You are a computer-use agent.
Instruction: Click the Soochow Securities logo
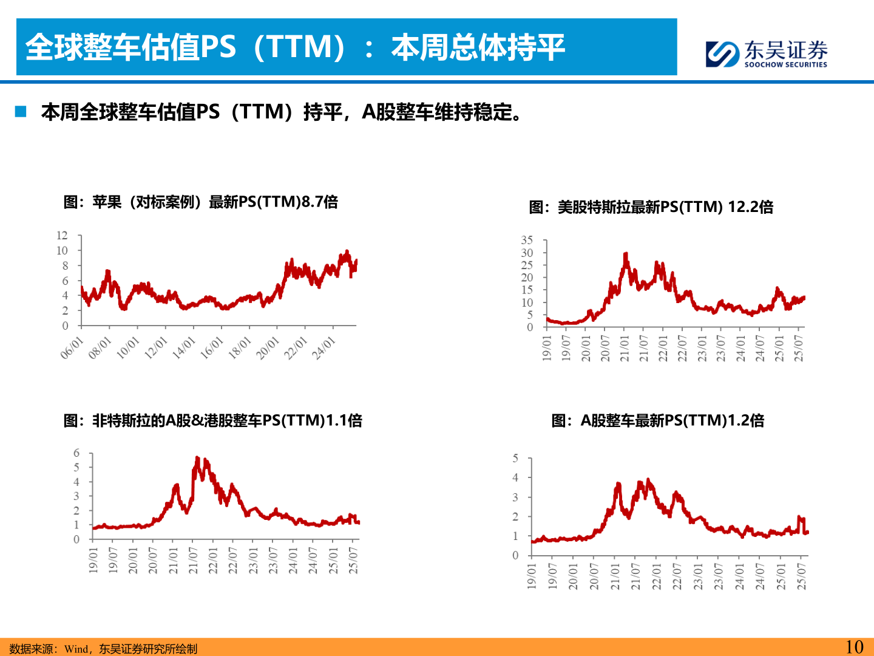pos(767,53)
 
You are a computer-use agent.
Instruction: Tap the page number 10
pos(854,647)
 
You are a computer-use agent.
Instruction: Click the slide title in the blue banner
pos(295,47)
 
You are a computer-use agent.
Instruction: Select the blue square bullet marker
pos(21,112)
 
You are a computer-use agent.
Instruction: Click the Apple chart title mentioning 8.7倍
pos(200,202)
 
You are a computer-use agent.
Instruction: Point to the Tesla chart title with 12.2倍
pos(651,207)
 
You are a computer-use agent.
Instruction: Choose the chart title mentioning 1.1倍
pos(212,420)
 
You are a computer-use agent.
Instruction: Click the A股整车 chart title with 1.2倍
pos(657,420)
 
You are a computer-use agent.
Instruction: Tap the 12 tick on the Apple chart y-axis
pos(62,236)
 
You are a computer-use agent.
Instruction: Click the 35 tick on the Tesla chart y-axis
pos(526,241)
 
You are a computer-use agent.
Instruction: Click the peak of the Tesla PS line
pos(626,255)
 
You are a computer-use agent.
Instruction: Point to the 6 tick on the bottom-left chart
pos(76,453)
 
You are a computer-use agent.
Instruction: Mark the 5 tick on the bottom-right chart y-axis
pos(515,459)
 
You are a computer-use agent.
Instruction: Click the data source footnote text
pos(103,649)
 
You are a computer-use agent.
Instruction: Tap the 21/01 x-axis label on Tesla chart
pos(625,349)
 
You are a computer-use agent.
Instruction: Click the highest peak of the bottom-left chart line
pos(197,458)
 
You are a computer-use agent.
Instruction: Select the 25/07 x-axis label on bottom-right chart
pos(801,576)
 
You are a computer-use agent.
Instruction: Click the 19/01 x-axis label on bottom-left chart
pos(93,560)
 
